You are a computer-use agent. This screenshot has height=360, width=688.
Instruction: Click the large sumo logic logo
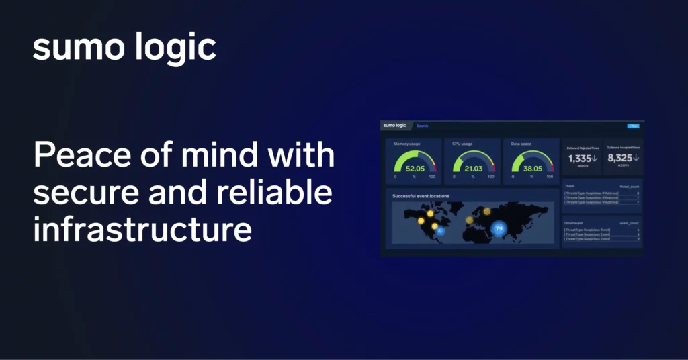[x=124, y=48]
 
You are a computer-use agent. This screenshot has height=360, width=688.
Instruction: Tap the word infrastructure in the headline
[x=142, y=230]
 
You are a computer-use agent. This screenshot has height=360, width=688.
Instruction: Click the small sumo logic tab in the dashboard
[x=394, y=125]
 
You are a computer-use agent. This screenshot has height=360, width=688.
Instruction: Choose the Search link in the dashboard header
[x=422, y=126]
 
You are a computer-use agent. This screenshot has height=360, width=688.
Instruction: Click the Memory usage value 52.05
[x=415, y=168]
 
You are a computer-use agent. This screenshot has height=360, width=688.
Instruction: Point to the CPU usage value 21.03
[x=473, y=168]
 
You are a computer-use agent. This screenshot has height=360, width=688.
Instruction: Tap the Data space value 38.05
[x=532, y=168]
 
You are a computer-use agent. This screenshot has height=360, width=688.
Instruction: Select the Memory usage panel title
[x=407, y=144]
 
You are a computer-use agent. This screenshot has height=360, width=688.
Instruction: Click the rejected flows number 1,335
[x=580, y=159]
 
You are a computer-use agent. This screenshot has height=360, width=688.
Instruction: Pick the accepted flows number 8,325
[x=619, y=159]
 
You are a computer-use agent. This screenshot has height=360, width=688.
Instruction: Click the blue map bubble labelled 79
[x=499, y=228]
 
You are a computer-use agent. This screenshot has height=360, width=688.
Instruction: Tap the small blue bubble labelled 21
[x=441, y=231]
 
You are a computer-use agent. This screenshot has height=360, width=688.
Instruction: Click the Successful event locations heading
[x=421, y=196]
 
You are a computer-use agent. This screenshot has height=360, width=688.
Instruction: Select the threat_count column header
[x=629, y=186]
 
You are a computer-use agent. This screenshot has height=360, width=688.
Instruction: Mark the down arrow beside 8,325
[x=635, y=159]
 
